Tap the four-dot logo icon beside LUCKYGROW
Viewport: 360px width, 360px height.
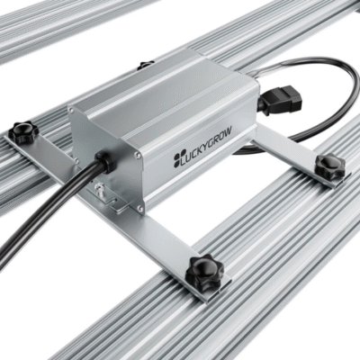pos(178,163)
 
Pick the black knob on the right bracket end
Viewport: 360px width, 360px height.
pos(329,165)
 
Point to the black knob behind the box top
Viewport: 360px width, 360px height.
pos(146,65)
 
